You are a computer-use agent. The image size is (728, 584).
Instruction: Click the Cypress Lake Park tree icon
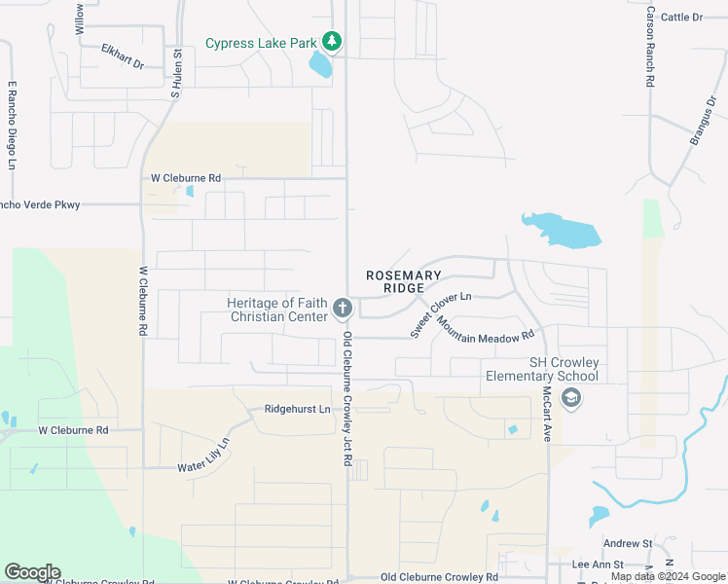click(x=333, y=41)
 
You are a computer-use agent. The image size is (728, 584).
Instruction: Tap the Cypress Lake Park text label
click(x=262, y=43)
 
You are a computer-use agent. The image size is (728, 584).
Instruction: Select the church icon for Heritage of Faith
click(x=342, y=310)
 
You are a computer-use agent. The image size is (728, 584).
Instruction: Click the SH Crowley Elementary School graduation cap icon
click(x=571, y=397)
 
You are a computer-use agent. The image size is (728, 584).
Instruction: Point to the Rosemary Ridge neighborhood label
click(x=404, y=282)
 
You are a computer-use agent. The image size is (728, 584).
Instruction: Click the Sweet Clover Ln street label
click(x=440, y=312)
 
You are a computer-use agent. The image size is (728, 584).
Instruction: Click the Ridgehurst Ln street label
click(x=298, y=410)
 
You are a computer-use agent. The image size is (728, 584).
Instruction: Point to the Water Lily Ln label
click(x=203, y=456)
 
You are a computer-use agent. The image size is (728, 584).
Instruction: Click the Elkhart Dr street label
click(x=123, y=55)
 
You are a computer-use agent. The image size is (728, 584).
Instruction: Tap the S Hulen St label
click(x=176, y=74)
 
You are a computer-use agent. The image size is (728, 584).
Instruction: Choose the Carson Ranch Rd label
click(x=649, y=46)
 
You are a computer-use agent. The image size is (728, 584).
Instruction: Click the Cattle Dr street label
click(x=681, y=17)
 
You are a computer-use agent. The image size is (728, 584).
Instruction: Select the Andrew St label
click(x=627, y=543)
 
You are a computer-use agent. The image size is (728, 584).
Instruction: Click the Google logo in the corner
click(x=32, y=572)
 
